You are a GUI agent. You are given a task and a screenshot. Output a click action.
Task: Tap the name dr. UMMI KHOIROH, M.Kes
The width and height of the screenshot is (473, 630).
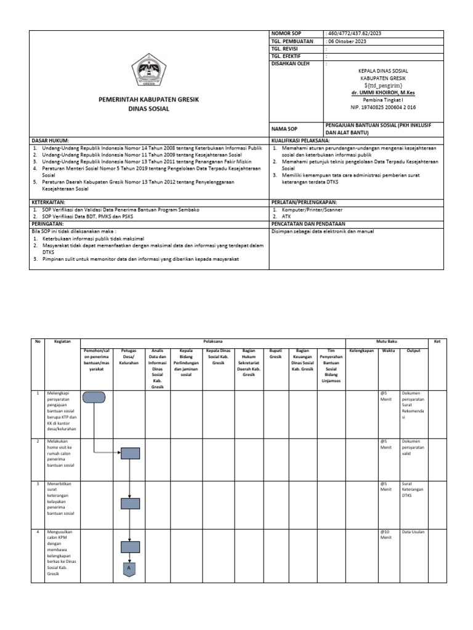(x=383, y=92)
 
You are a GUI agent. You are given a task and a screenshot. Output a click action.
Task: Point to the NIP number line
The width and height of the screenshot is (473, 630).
(x=383, y=106)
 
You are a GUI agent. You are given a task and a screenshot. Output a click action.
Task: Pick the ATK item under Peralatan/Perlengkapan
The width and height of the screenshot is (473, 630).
(x=287, y=217)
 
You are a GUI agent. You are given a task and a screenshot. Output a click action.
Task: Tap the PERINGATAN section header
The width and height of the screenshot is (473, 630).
(x=49, y=224)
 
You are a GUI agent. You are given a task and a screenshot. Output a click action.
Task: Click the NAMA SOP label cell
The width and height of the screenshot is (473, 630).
(x=284, y=129)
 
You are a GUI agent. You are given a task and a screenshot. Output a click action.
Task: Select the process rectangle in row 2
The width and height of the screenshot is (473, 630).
(x=130, y=453)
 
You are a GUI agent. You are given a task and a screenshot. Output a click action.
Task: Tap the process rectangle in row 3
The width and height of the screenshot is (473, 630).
(x=130, y=503)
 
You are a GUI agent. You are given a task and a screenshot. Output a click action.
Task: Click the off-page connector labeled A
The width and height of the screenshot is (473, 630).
(x=130, y=570)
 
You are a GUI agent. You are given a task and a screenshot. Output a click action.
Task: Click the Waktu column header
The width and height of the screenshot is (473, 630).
(x=388, y=351)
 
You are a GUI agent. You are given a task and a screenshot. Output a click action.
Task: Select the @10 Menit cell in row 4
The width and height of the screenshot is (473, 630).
(x=386, y=534)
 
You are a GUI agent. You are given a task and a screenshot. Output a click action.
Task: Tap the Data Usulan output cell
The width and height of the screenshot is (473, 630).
(x=413, y=531)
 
